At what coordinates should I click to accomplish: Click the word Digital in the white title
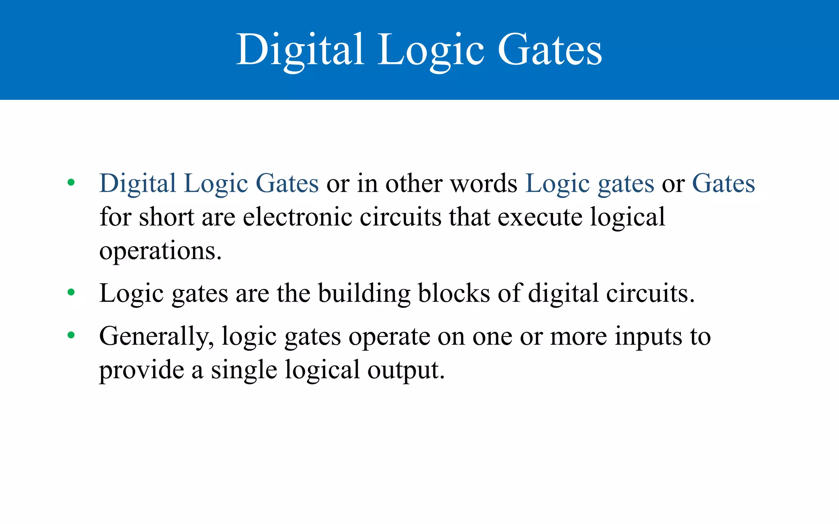pos(300,50)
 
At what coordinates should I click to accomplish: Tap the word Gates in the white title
pos(550,50)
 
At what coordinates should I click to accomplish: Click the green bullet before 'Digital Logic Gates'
pos(71,183)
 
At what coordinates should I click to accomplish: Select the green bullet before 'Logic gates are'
pos(71,292)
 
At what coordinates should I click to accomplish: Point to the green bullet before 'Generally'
pos(71,336)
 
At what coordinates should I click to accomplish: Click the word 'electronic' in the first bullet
pos(297,217)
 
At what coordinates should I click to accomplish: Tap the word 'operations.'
pos(160,251)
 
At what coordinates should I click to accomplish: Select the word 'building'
pos(364,294)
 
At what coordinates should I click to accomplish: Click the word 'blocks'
pos(454,294)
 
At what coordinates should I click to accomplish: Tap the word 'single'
pos(244,370)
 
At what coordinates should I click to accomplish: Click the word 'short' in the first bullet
pos(167,217)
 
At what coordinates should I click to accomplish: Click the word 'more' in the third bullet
pos(578,337)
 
